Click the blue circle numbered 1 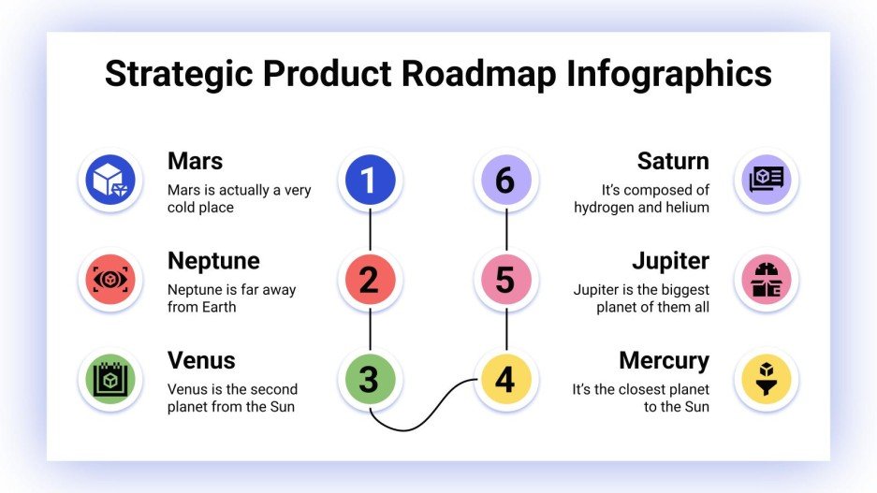coord(370,180)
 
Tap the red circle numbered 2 coord(370,280)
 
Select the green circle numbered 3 coord(370,379)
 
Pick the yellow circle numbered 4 coord(505,379)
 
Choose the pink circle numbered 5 coord(505,280)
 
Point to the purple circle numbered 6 coord(505,180)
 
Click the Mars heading coord(195,161)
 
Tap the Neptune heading coord(213,260)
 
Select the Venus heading coord(201,360)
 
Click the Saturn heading coord(673,161)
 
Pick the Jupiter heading coord(670,260)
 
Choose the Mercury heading coord(664,360)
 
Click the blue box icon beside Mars coord(110,180)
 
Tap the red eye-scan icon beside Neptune coord(110,280)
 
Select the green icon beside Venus coord(110,379)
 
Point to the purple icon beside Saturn coord(766,180)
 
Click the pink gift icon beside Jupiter coord(766,280)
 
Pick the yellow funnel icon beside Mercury coord(766,379)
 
